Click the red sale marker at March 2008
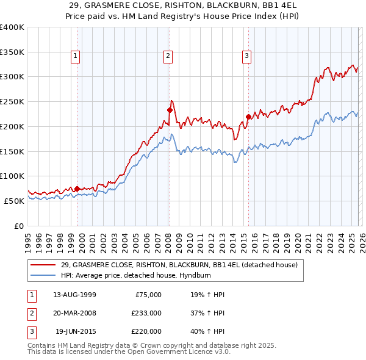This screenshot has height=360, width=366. tap(170, 110)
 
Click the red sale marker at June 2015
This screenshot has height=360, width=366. tap(248, 117)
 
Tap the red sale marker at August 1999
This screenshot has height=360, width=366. tap(77, 189)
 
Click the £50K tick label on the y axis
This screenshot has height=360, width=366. tap(15, 201)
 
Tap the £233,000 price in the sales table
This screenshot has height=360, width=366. tap(146, 313)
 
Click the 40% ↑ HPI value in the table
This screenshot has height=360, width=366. tap(207, 331)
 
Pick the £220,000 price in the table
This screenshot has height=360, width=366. tap(146, 331)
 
